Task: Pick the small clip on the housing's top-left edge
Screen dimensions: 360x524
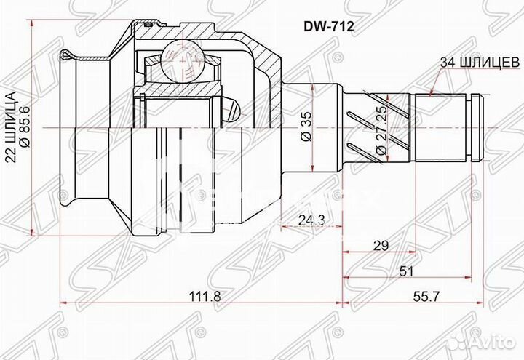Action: coord(68,55)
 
